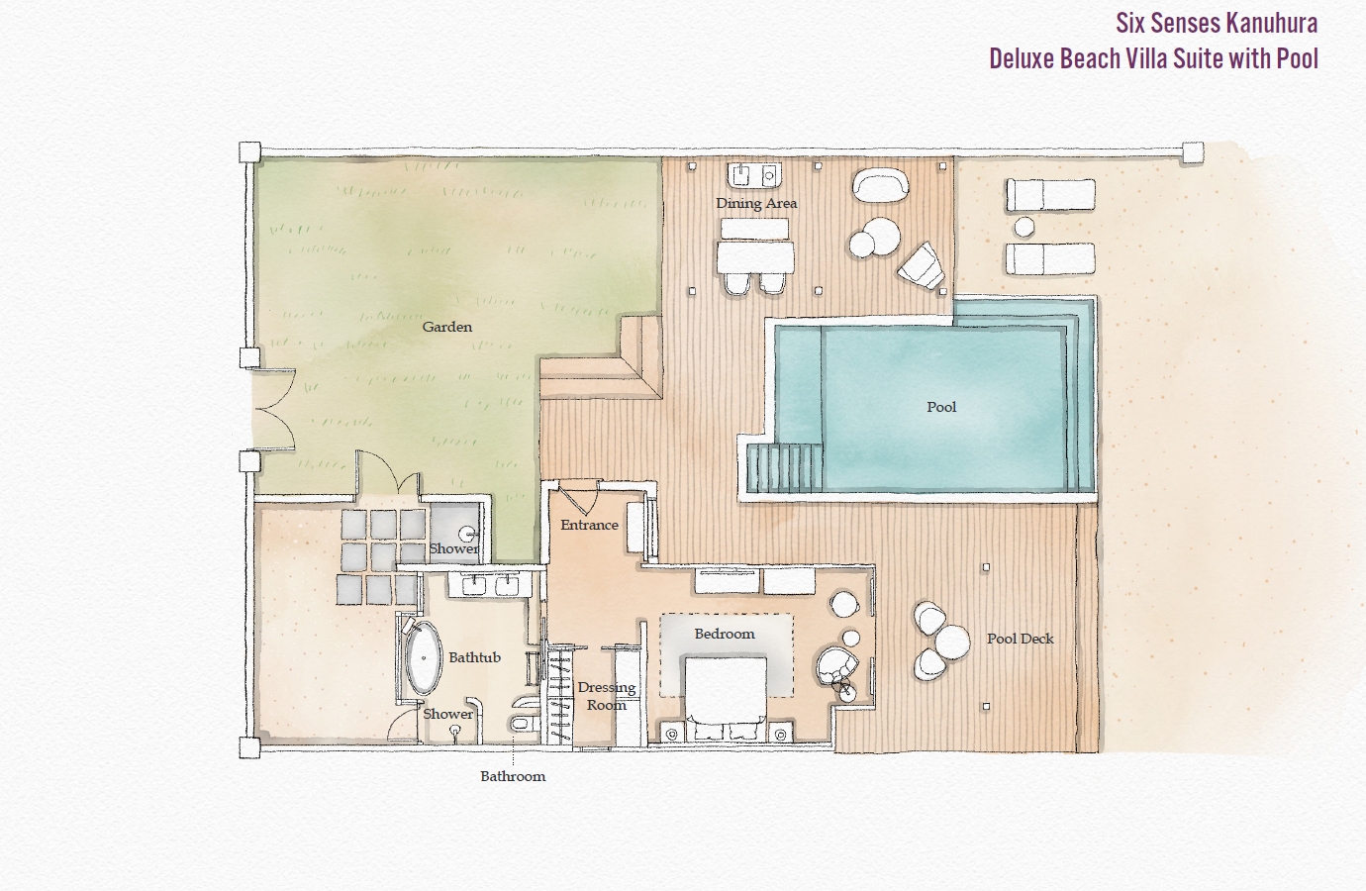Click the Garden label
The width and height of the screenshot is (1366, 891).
446,327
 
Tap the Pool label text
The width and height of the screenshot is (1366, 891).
941,407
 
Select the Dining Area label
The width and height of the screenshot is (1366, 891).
756,203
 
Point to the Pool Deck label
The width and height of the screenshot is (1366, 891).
1020,639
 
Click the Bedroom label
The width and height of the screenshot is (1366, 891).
724,634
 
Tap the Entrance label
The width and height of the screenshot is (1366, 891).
589,525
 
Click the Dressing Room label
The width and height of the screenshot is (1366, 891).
606,696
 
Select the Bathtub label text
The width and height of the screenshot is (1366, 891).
474,657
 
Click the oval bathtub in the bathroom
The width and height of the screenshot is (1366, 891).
424,658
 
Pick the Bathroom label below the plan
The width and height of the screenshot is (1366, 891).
513,776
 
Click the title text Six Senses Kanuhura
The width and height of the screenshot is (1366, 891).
1216,23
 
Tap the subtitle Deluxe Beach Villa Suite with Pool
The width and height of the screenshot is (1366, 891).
1153,58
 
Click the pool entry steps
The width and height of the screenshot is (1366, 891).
784,467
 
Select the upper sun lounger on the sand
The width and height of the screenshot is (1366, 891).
1050,195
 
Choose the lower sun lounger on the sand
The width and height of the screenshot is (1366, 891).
1050,259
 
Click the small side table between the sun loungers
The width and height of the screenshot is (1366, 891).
1024,228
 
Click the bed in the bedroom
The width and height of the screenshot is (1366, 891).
726,698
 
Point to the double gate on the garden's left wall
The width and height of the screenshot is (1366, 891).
272,410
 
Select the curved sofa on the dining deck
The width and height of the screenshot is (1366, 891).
880,184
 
